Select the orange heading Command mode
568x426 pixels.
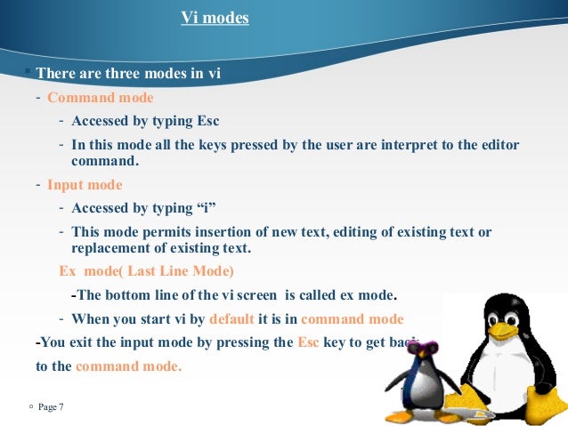click(101, 98)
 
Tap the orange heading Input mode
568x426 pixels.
click(85, 185)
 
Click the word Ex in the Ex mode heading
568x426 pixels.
click(68, 271)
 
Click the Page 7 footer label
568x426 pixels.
click(50, 407)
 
